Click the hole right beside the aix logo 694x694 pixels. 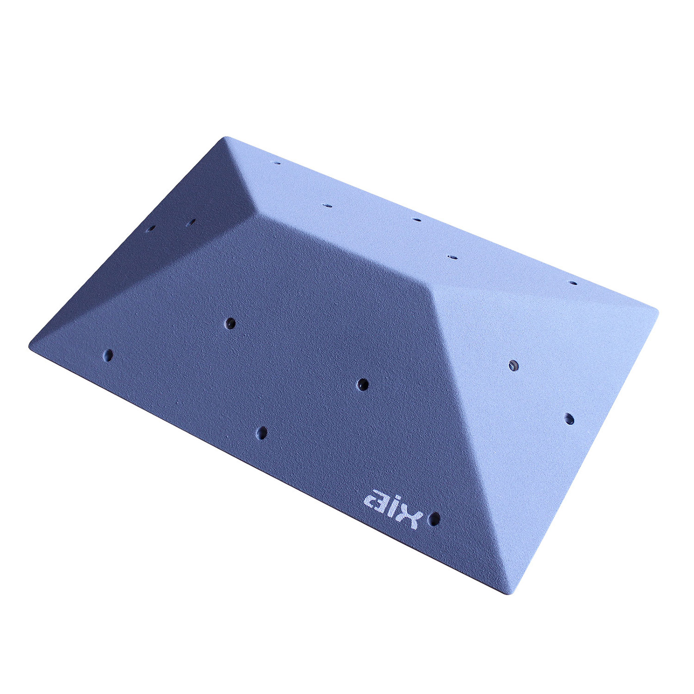point(435,519)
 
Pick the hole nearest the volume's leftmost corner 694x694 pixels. point(108,355)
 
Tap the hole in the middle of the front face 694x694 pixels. point(363,385)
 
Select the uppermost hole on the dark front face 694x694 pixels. point(231,323)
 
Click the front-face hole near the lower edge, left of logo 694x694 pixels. point(262,433)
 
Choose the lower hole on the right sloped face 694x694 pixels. point(569,419)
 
